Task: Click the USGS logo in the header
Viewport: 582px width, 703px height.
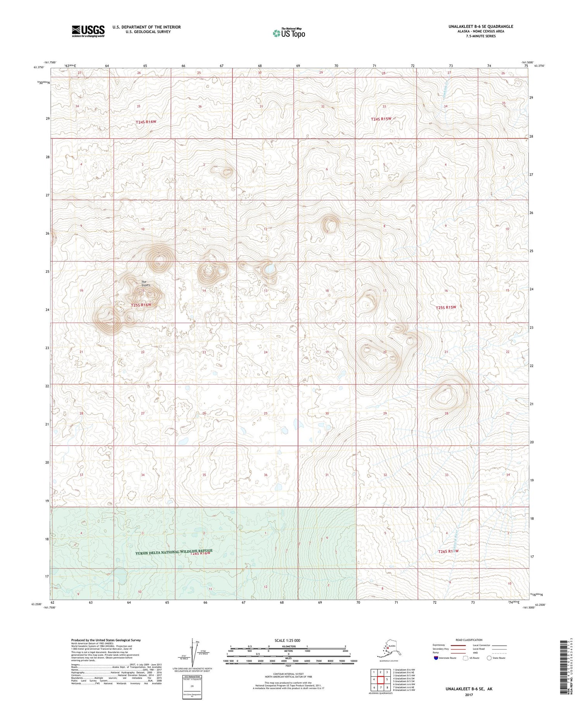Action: coord(88,31)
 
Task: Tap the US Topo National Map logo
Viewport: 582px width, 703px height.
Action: coord(289,33)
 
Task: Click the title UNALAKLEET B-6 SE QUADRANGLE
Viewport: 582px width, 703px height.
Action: coord(475,26)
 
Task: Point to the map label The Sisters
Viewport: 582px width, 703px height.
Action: coord(145,283)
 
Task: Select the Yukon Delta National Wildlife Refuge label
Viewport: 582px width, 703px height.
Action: coord(174,551)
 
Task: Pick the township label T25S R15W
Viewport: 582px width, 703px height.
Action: coord(446,307)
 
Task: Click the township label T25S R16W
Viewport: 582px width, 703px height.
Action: coord(141,305)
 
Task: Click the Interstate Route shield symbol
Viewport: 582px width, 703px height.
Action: coord(436,658)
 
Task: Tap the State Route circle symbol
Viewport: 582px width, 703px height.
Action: coord(489,658)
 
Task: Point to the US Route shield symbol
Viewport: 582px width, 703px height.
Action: coord(466,658)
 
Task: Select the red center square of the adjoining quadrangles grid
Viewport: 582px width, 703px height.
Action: coord(380,679)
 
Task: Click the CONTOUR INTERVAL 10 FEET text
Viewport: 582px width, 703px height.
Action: coord(288,674)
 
